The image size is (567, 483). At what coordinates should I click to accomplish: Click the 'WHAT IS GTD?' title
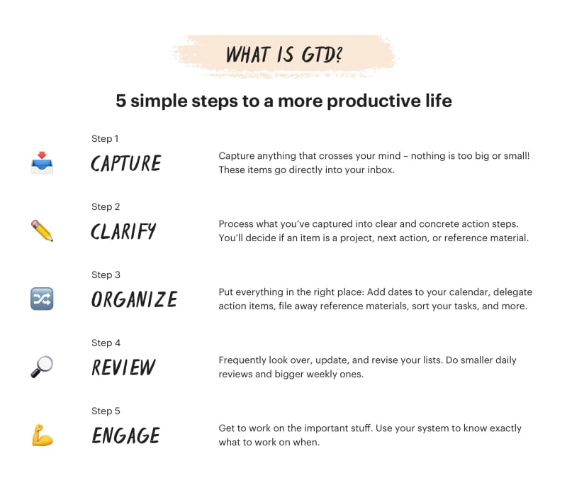click(x=283, y=55)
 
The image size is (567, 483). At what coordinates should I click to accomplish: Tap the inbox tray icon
click(x=42, y=162)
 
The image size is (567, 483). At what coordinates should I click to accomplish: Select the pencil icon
click(x=42, y=231)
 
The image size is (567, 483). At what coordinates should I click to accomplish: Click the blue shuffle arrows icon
click(x=42, y=299)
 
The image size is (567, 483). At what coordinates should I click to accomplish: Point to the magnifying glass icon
click(x=42, y=367)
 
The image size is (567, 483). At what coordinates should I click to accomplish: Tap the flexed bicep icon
click(x=42, y=435)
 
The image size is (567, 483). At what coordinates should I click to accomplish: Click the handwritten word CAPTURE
click(x=126, y=163)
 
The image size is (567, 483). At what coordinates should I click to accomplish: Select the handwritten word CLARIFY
click(x=123, y=231)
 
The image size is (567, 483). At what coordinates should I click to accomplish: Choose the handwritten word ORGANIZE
click(x=134, y=299)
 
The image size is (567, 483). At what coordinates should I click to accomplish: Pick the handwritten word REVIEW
click(x=123, y=367)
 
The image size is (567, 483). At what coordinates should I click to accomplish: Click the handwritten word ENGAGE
click(x=125, y=435)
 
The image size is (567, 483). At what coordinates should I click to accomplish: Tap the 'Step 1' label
click(x=105, y=138)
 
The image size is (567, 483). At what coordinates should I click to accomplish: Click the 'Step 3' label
click(x=105, y=274)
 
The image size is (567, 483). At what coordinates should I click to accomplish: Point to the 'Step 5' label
click(x=105, y=411)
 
